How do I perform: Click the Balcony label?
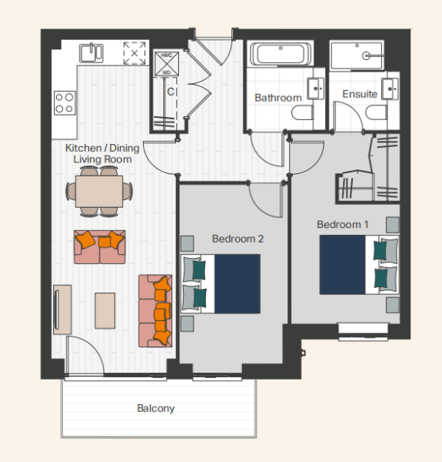[156, 408]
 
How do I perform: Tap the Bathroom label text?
[278, 98]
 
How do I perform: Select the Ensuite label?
[360, 94]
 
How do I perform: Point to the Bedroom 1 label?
[343, 225]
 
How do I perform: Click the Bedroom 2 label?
[238, 239]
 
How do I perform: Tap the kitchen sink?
[91, 52]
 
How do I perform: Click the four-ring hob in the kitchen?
[65, 103]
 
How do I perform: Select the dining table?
[99, 192]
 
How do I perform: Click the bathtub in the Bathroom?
[281, 54]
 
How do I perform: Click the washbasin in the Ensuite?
[390, 89]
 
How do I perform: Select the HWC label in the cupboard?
[167, 55]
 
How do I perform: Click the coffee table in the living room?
[105, 310]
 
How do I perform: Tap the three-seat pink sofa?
[155, 311]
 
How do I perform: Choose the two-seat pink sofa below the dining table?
[100, 247]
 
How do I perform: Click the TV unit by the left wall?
[62, 310]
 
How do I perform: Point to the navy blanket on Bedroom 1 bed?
[343, 265]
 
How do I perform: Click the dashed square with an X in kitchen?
[135, 53]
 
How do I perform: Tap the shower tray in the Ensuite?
[357, 55]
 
